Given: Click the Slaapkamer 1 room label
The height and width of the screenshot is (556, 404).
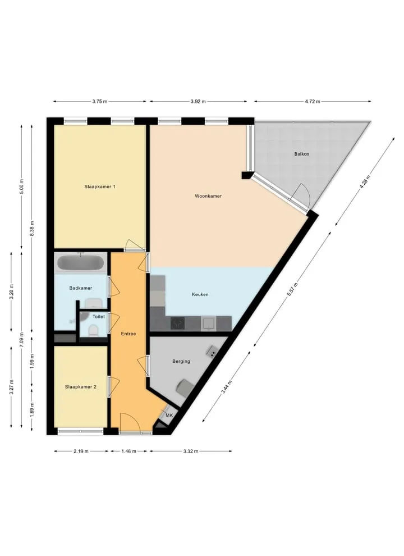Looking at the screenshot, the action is point(99,186).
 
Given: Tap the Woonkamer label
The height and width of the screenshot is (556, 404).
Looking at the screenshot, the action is point(208,196).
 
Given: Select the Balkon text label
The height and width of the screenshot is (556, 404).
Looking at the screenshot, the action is point(301,154).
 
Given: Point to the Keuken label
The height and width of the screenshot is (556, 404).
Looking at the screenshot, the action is point(200,294).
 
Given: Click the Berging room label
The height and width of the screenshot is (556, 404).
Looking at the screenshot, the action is point(181,361).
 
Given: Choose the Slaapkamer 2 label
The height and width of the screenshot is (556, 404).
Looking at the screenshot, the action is point(80,387).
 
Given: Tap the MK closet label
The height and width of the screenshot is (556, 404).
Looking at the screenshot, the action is point(169,415).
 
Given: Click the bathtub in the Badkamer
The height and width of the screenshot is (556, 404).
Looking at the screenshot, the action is point(80,263).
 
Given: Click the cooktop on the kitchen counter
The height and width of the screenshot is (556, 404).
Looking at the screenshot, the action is point(178,323).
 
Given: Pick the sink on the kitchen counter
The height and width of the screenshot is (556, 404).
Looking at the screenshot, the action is point(208,323).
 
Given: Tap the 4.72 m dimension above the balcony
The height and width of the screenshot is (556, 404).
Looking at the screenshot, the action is point(312,102).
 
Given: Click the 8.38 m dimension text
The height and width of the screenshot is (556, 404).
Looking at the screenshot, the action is point(32,229).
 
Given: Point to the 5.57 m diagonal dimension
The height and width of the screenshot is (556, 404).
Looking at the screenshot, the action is point(292,289).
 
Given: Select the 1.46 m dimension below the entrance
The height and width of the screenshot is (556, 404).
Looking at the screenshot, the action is point(128,452).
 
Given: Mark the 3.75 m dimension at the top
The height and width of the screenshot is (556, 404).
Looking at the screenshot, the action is point(99,102).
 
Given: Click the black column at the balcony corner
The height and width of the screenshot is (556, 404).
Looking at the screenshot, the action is point(246,175).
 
